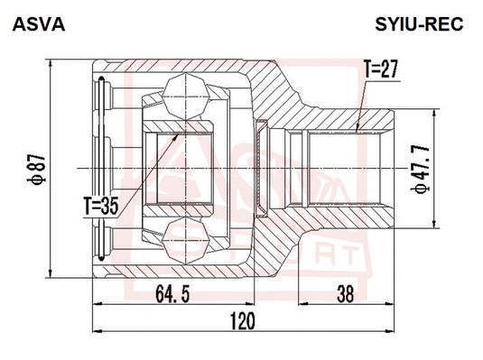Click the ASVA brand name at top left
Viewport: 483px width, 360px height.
[39, 24]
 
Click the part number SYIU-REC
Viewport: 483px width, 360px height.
[419, 24]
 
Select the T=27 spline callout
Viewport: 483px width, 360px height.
[381, 69]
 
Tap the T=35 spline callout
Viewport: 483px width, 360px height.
[101, 206]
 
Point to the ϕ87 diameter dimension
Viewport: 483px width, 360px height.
[37, 169]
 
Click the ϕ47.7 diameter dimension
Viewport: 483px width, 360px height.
[420, 169]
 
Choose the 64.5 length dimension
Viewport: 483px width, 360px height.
[172, 294]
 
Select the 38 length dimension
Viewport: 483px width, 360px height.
[346, 294]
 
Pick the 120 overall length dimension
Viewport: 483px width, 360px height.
[243, 321]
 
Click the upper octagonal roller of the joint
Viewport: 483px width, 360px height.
[186, 97]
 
